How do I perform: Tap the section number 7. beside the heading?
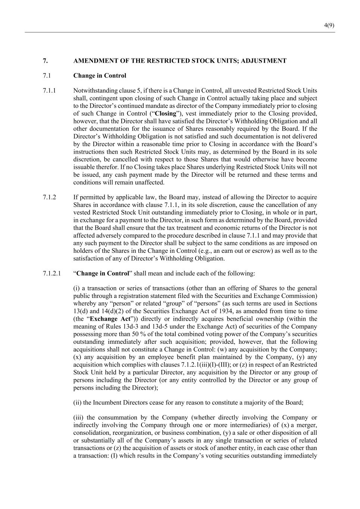point(45,61)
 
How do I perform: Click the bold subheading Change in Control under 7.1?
point(100,76)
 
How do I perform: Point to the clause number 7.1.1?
point(49,91)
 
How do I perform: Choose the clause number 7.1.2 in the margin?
point(49,197)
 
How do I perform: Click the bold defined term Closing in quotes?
point(165,114)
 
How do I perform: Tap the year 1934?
point(239,311)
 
